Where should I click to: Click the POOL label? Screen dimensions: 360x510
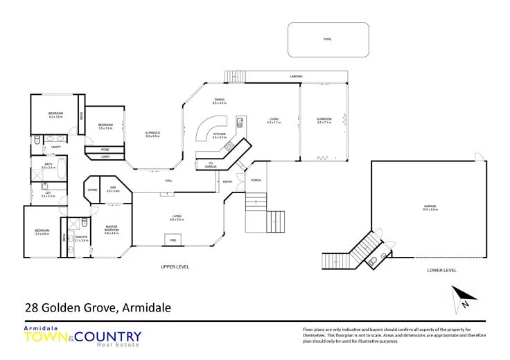click(x=328, y=39)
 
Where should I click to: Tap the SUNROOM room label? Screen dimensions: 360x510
click(x=324, y=119)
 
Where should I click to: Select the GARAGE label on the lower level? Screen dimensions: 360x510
click(x=430, y=206)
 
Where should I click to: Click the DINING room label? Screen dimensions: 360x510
click(x=220, y=100)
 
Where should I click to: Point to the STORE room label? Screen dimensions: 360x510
click(x=91, y=190)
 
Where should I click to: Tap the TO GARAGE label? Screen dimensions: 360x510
click(x=210, y=165)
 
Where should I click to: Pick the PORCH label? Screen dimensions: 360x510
click(x=256, y=180)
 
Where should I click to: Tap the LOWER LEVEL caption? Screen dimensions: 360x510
click(x=442, y=270)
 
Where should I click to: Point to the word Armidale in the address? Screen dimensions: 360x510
click(x=148, y=307)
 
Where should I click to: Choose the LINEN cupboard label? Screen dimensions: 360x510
click(x=105, y=156)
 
